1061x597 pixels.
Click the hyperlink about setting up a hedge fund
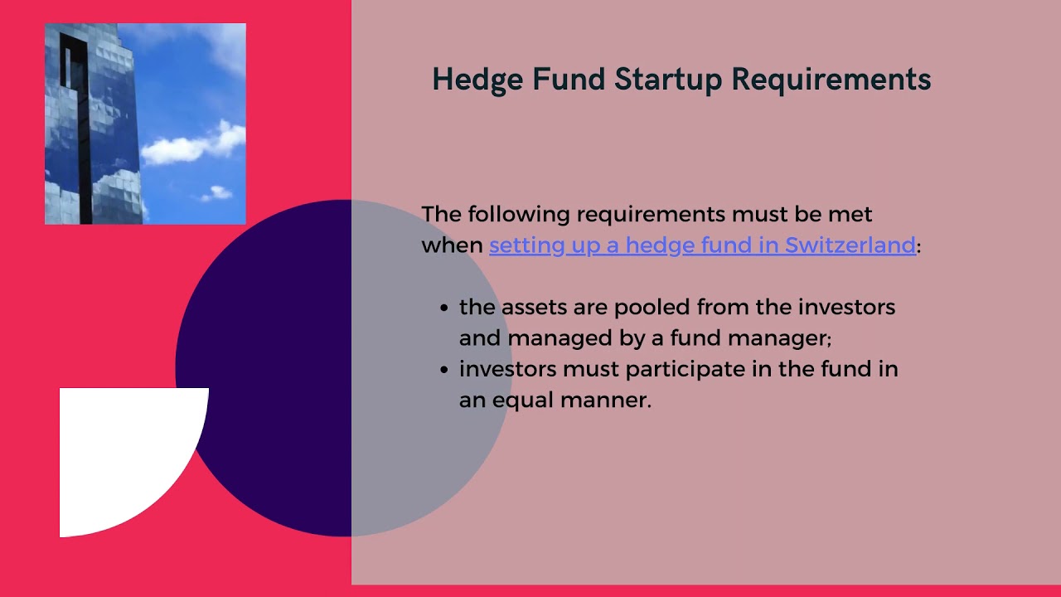(702, 245)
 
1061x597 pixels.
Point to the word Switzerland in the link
(850, 245)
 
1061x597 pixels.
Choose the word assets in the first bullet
(530, 308)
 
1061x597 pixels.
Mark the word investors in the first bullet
(846, 308)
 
